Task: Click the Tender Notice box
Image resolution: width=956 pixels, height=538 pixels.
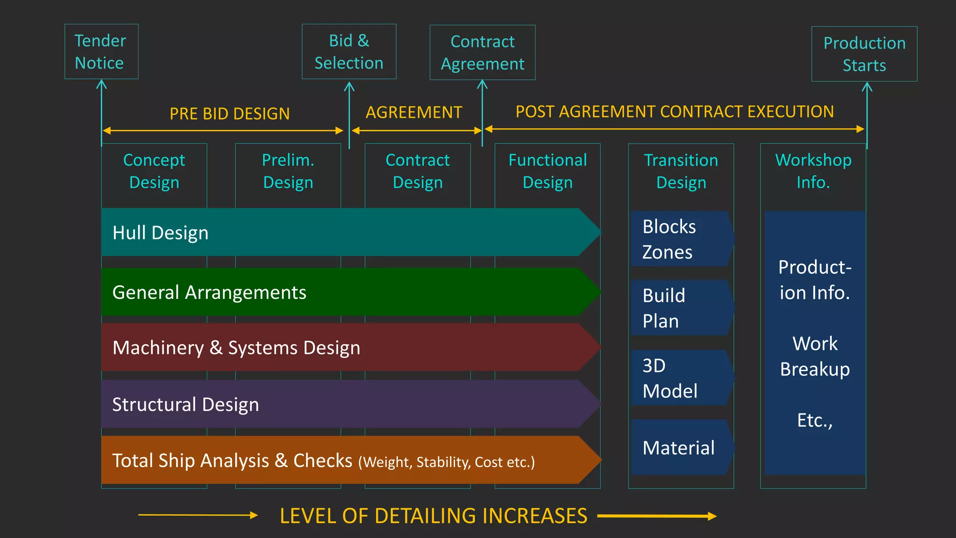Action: tap(101, 51)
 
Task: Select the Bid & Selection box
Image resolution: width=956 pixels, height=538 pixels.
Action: tap(349, 51)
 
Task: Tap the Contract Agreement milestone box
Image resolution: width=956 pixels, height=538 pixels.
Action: tap(482, 52)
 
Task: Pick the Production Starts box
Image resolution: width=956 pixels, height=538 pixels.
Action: tap(864, 54)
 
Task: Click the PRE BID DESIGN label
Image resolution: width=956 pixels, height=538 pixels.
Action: tap(229, 113)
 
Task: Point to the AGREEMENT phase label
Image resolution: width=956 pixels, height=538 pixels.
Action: tap(414, 113)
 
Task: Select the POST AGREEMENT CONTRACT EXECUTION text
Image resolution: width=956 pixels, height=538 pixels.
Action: tap(675, 112)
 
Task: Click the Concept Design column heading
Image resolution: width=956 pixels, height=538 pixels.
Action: tap(154, 171)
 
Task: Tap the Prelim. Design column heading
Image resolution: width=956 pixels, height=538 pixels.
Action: tap(288, 171)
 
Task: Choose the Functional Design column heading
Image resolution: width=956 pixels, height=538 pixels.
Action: tap(547, 171)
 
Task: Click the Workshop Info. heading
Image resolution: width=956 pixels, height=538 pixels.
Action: tap(813, 171)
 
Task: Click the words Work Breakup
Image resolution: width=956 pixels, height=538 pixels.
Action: tap(815, 356)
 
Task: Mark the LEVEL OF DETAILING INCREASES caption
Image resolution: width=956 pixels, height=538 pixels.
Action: tap(433, 516)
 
